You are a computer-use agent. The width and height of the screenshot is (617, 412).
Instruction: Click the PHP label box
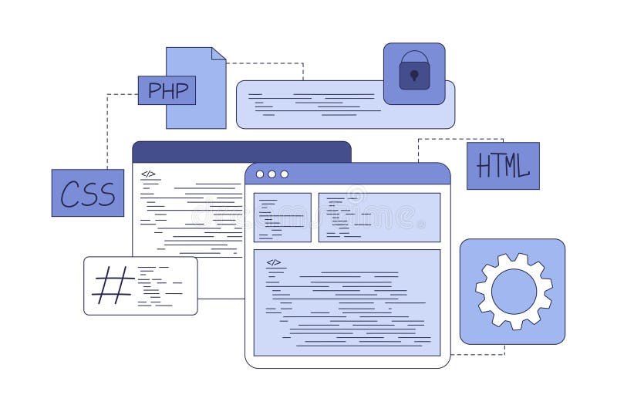pyautogui.click(x=167, y=90)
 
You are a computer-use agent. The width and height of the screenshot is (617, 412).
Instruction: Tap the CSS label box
pyautogui.click(x=87, y=193)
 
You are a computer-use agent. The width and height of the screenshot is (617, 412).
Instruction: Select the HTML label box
pyautogui.click(x=503, y=166)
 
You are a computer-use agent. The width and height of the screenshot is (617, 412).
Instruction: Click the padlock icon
pyautogui.click(x=414, y=72)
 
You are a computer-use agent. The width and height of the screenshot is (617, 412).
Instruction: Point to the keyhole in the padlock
pyautogui.click(x=414, y=76)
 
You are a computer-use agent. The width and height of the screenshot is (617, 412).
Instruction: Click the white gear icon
pyautogui.click(x=513, y=292)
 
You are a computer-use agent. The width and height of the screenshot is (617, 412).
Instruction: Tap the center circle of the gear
pyautogui.click(x=513, y=292)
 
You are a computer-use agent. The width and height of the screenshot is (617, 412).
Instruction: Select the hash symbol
pyautogui.click(x=113, y=285)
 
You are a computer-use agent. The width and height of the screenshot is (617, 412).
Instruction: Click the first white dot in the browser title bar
pyautogui.click(x=260, y=174)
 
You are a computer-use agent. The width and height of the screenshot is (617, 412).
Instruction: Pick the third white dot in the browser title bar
pyautogui.click(x=284, y=174)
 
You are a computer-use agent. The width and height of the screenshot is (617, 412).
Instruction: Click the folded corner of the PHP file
pyautogui.click(x=218, y=53)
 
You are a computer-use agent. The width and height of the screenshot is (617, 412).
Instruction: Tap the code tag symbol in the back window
pyautogui.click(x=148, y=174)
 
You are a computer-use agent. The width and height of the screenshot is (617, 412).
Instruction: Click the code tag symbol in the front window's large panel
pyautogui.click(x=274, y=262)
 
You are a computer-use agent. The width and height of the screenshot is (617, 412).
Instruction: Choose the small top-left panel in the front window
pyautogui.click(x=282, y=217)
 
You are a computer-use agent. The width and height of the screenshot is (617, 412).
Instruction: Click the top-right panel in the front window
pyautogui.click(x=379, y=217)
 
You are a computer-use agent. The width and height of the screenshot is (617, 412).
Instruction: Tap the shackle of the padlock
pyautogui.click(x=414, y=58)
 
